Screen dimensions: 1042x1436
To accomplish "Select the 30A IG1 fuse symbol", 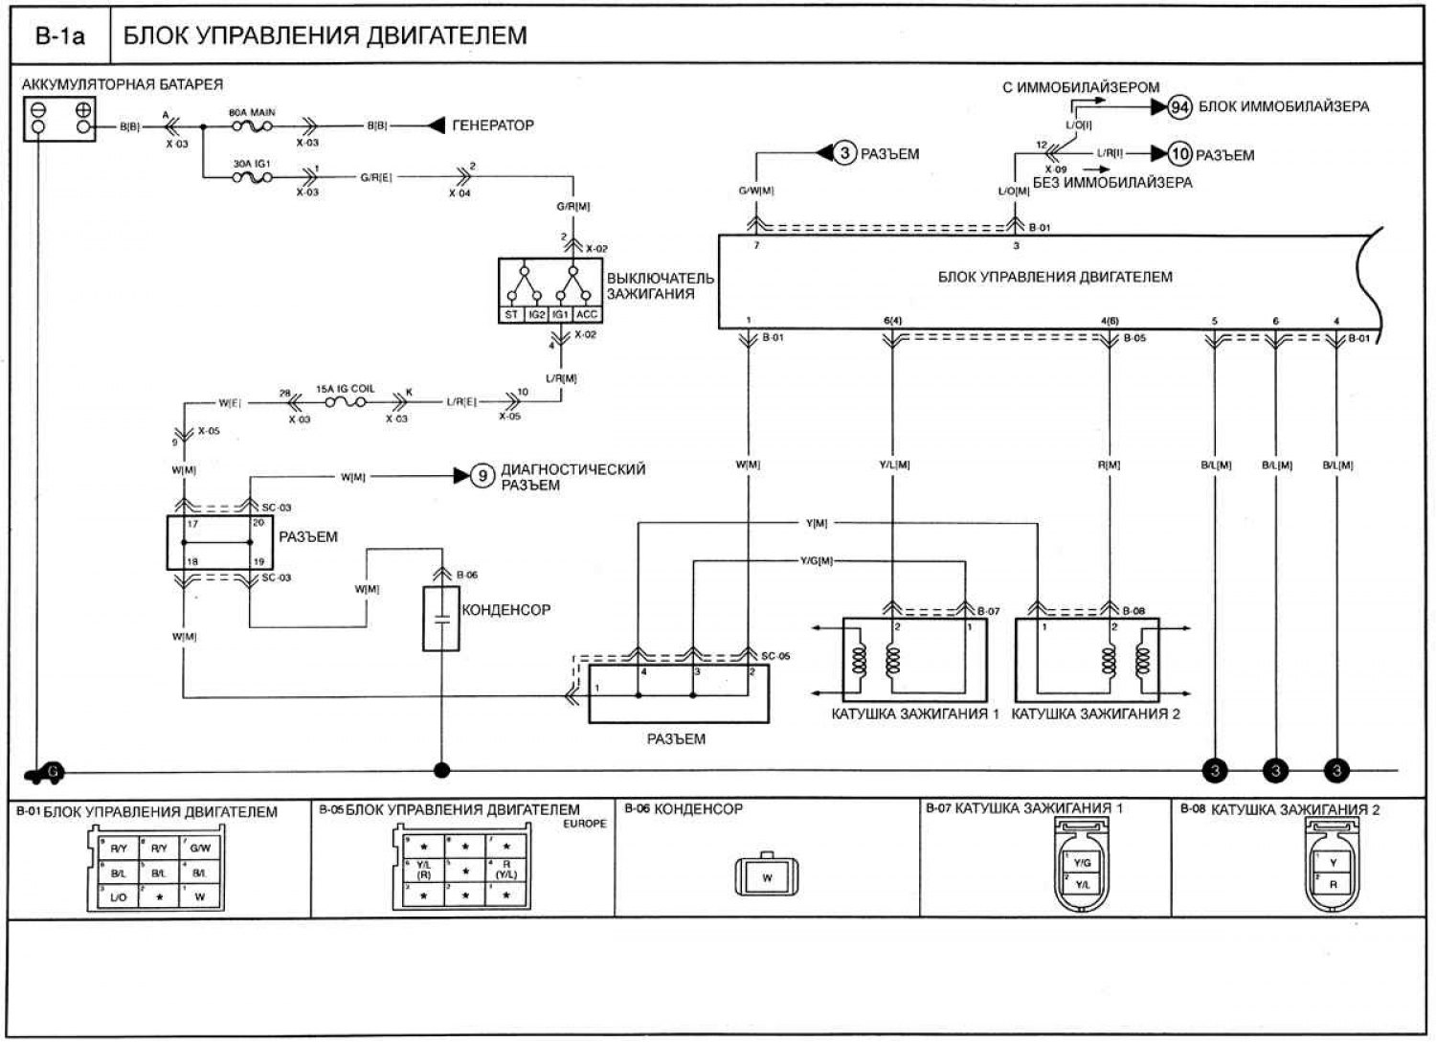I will click(251, 176).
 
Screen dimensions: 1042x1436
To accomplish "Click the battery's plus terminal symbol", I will click(82, 108).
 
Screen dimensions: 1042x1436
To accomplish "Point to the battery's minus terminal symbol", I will click(37, 108).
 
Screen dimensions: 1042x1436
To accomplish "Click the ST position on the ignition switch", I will click(511, 314).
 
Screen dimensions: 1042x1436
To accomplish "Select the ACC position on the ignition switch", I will click(586, 314).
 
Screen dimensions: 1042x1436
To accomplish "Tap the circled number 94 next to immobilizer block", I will click(1179, 107).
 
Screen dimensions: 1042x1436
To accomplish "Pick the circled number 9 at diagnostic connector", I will click(483, 475).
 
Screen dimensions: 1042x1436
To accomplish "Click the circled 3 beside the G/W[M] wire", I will click(843, 153).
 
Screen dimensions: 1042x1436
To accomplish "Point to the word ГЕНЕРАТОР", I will click(492, 125).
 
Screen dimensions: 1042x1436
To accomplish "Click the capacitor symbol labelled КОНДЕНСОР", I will click(441, 619).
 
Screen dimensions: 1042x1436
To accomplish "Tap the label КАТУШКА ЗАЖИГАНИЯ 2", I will click(1095, 714).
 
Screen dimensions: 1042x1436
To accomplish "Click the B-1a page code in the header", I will click(59, 36).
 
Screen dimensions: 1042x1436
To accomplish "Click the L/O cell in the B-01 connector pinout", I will click(118, 896).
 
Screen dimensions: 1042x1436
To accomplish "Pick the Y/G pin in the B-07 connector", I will click(1083, 863).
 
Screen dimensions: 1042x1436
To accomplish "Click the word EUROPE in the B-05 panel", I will click(585, 824).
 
